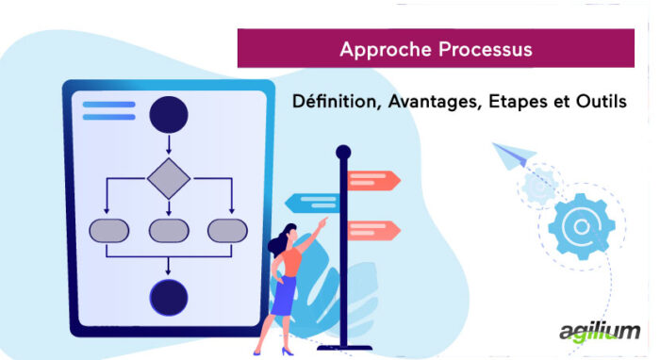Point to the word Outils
point(598,101)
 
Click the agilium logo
point(598,332)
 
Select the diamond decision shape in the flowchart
point(169,178)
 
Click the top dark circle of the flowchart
point(169,114)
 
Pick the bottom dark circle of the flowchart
point(169,296)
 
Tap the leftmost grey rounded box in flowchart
point(108,230)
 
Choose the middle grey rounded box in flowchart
point(169,230)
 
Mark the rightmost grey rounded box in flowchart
point(228,230)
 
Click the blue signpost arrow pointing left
point(311,202)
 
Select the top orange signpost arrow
point(373,180)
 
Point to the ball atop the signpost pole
point(343,151)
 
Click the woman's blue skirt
point(284,297)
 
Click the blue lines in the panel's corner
point(108,110)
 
